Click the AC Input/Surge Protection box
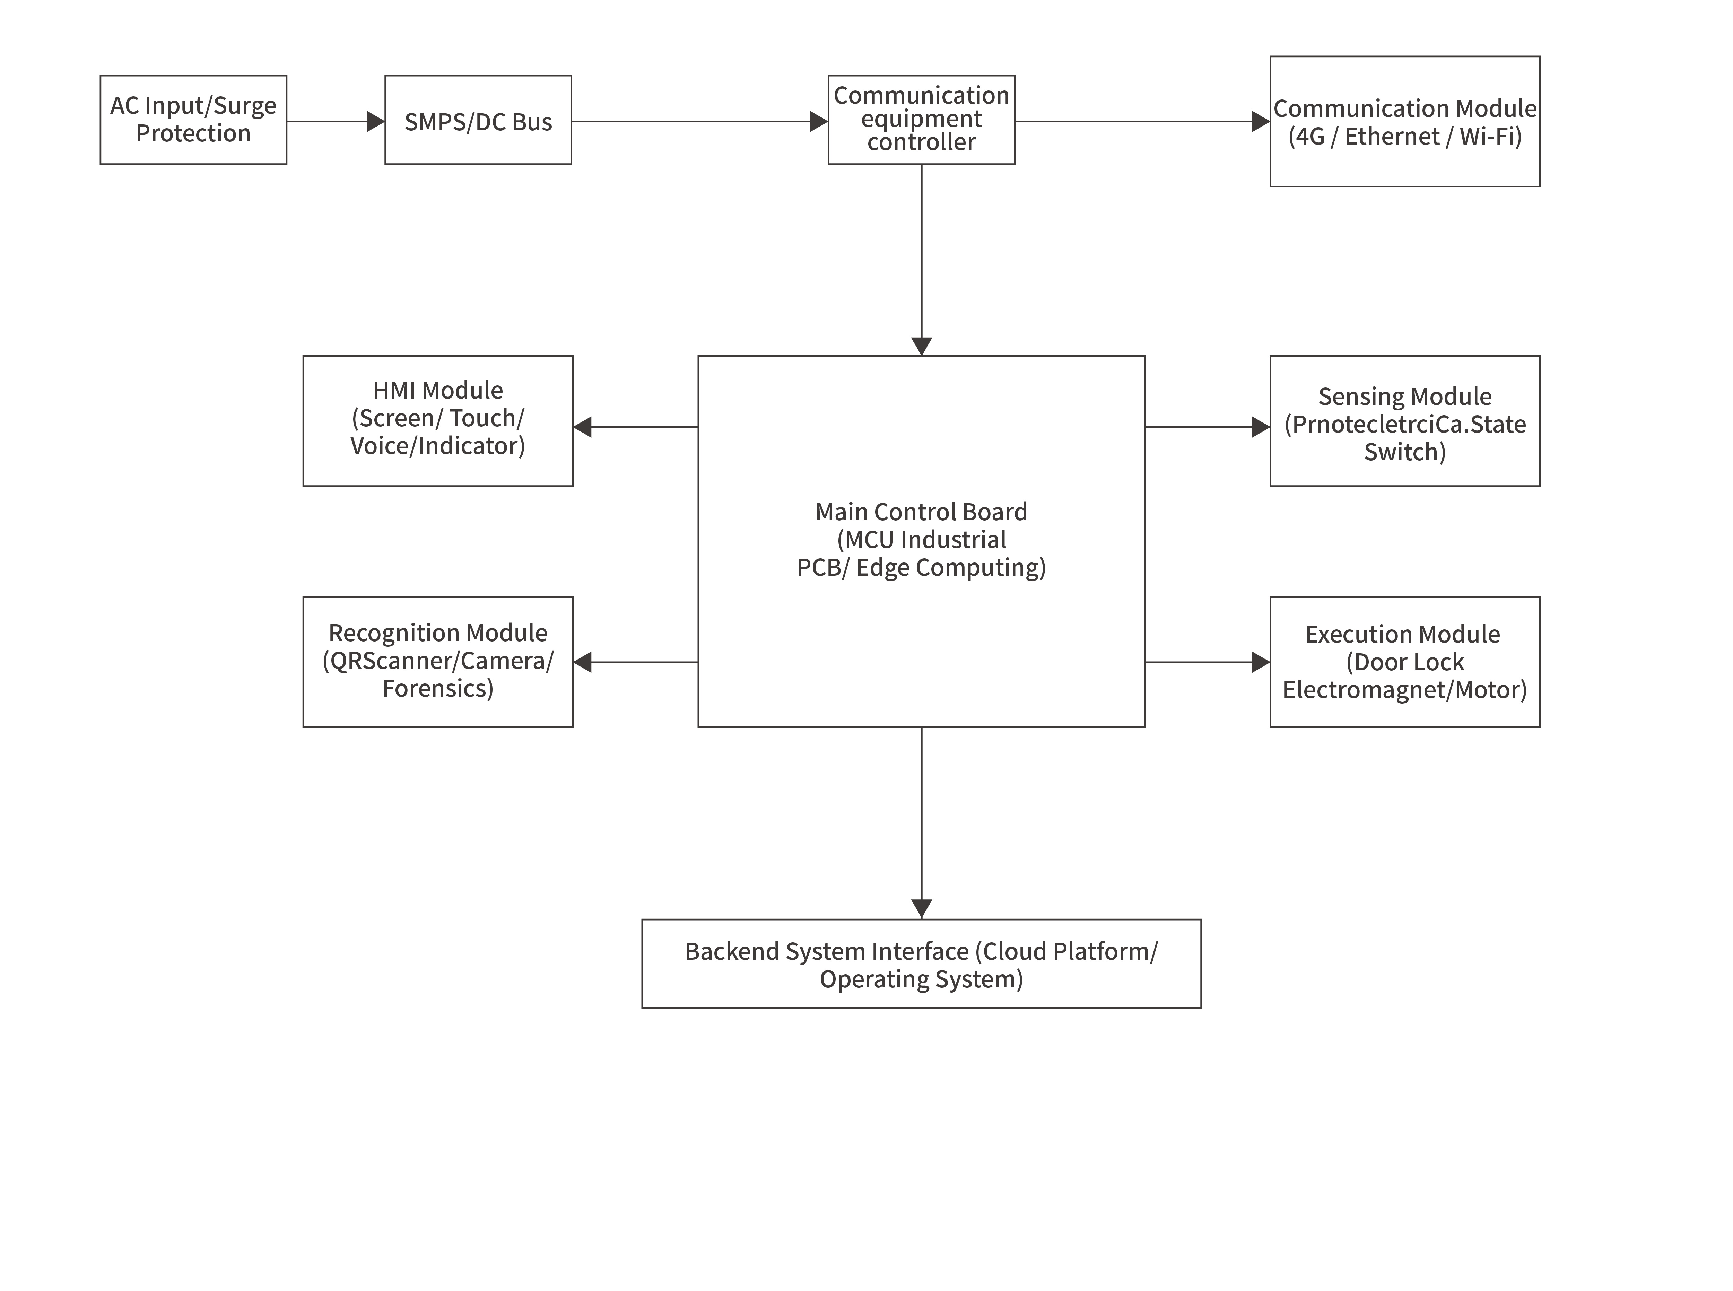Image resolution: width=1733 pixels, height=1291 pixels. (193, 120)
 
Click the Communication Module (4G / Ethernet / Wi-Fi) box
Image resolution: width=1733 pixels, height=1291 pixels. (1404, 121)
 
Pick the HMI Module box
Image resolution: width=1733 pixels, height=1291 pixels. (437, 420)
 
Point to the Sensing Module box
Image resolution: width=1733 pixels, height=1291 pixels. (1404, 420)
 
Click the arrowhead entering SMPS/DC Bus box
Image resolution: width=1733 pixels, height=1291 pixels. (375, 121)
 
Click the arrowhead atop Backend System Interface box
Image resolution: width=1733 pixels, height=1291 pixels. (921, 908)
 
